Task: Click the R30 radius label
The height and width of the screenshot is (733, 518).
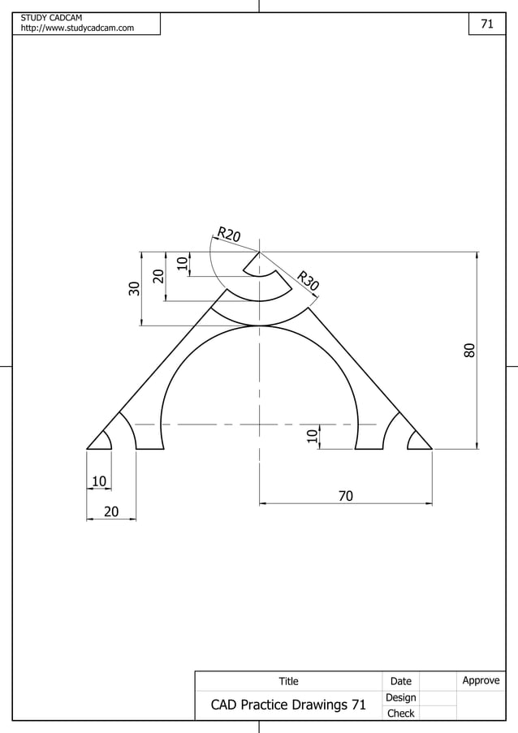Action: tap(308, 280)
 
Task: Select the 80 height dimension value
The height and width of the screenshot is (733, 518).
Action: tap(469, 350)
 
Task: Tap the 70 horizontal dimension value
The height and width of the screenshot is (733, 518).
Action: tap(345, 495)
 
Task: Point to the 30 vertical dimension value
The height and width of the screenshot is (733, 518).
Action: tap(134, 287)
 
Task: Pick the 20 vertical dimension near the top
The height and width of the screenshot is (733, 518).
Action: tap(158, 276)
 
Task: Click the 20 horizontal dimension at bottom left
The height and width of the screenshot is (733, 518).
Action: tap(110, 511)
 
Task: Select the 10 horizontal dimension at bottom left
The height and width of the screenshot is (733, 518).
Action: tap(99, 481)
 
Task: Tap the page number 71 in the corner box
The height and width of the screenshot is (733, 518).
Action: tap(487, 24)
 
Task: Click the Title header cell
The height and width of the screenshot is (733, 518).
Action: tap(288, 681)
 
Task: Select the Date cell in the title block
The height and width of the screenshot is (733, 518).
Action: tap(400, 681)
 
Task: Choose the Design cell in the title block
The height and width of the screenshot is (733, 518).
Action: tap(400, 697)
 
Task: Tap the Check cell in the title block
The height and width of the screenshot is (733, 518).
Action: tap(400, 714)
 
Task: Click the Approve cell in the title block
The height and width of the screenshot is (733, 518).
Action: tap(481, 680)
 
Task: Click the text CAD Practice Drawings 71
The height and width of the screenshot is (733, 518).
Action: tap(288, 705)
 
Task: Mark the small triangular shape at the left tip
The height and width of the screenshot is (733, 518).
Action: tap(101, 441)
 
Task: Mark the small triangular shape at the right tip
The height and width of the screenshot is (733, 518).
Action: tap(418, 441)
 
